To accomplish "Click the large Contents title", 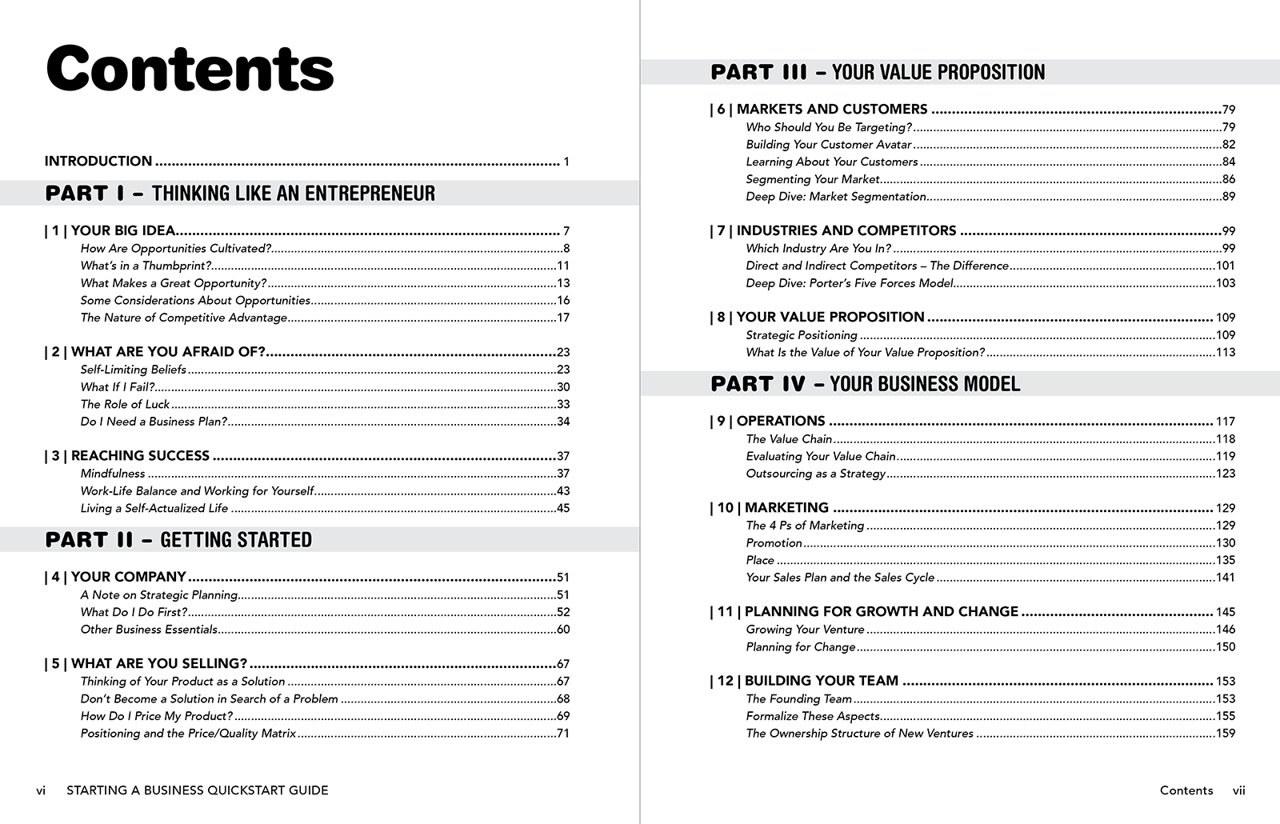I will (190, 69).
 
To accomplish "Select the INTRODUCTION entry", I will (98, 162).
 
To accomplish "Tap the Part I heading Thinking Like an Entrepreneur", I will (240, 194).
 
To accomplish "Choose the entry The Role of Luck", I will (125, 404).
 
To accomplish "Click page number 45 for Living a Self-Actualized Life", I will (562, 509).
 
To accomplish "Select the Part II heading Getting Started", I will (178, 540).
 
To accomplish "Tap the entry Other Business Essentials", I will (149, 630).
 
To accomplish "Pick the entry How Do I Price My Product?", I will (157, 716).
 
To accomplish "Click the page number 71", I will (562, 734).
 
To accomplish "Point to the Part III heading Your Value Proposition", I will (878, 73).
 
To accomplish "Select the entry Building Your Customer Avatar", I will (829, 145).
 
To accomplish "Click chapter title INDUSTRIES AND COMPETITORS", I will (846, 231).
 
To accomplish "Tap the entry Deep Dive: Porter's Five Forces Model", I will (850, 283).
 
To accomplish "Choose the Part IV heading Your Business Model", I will (865, 384).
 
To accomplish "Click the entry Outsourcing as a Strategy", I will (815, 474).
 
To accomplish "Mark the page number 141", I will (1225, 578).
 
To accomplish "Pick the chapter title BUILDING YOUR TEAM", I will (821, 681).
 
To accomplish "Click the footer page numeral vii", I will (1238, 790).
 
